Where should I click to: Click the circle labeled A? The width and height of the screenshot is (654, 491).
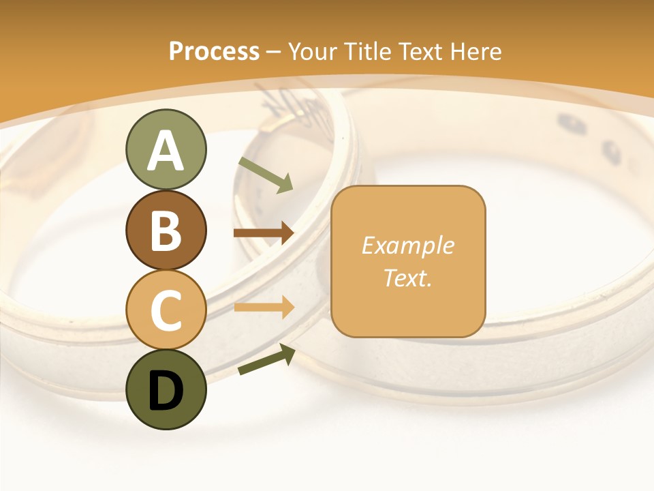point(166,149)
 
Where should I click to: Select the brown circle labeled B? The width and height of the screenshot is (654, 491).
point(166,230)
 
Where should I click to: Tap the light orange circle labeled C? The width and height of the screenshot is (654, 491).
point(166,310)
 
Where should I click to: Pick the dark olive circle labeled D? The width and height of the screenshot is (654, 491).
point(166,389)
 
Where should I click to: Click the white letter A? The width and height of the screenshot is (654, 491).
point(166,151)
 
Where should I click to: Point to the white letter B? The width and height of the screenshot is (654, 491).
point(166,230)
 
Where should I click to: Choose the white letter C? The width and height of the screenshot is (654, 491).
point(166,310)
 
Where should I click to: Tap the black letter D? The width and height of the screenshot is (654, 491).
point(166,391)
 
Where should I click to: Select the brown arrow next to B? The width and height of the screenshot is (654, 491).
point(264,234)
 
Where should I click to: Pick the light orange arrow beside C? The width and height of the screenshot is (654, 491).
point(264,308)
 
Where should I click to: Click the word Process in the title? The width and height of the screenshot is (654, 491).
point(214,52)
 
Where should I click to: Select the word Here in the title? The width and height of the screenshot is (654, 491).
point(475,52)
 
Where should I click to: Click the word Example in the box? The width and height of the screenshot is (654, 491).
point(407,245)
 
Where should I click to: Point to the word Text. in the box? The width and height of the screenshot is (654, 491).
point(407,278)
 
